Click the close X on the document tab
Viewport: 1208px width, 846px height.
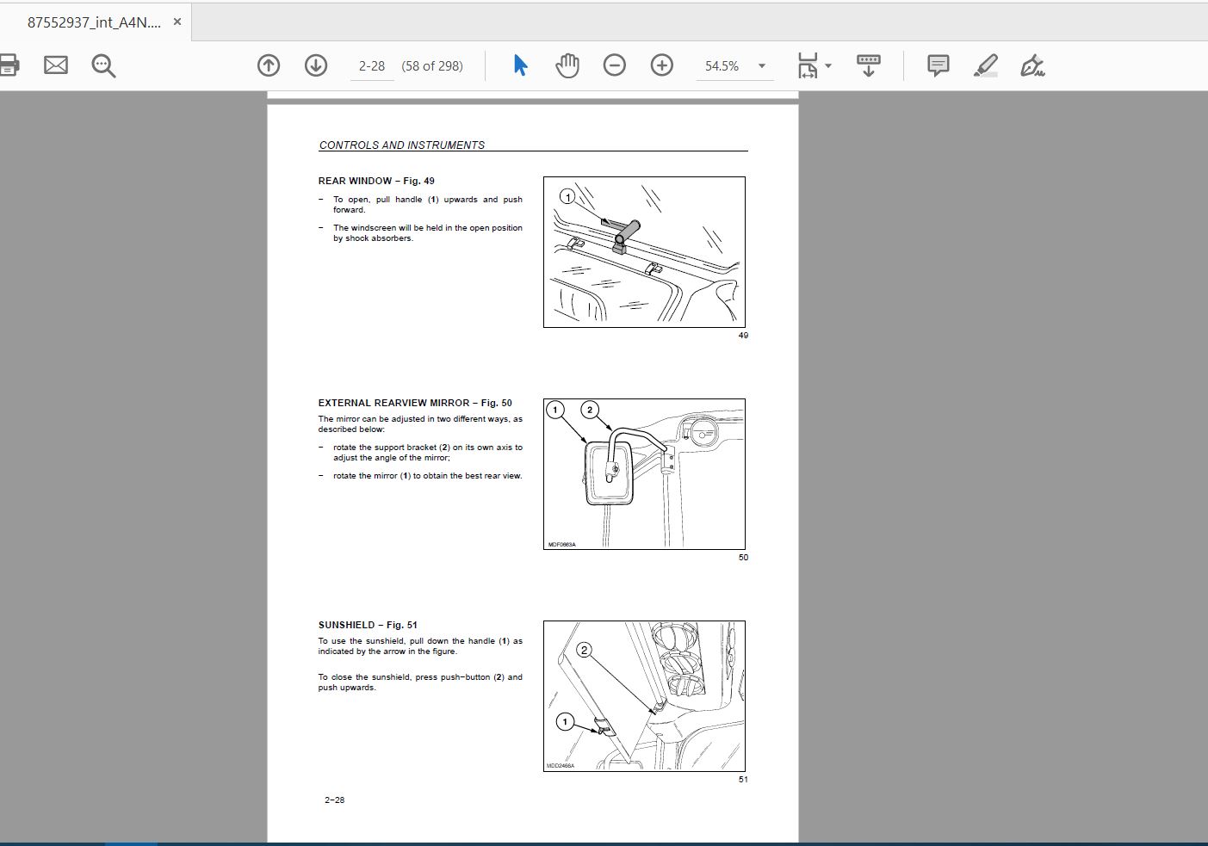click(177, 22)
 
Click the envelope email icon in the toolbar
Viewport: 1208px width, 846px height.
click(56, 65)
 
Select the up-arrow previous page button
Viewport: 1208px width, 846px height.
click(269, 65)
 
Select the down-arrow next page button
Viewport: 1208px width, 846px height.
click(316, 65)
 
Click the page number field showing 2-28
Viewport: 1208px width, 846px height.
click(372, 66)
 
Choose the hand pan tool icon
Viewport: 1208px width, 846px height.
click(567, 65)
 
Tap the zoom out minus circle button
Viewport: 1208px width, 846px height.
click(614, 65)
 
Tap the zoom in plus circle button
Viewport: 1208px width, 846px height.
click(662, 65)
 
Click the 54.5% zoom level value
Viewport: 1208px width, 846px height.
click(722, 66)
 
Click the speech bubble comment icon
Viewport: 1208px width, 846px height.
click(939, 65)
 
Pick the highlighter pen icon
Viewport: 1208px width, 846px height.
click(986, 65)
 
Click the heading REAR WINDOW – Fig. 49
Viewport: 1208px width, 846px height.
click(376, 182)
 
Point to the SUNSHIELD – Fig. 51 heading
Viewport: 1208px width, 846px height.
click(368, 625)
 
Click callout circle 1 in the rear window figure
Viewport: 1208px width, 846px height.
click(567, 197)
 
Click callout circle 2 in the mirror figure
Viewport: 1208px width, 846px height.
click(590, 410)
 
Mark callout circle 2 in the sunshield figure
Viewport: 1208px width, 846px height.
click(584, 651)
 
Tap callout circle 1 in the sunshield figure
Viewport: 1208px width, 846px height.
click(565, 722)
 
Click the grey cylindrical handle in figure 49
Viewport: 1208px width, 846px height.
click(626, 233)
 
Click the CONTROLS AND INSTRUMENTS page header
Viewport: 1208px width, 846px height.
click(402, 145)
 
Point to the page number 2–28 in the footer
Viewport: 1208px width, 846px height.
click(334, 800)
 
